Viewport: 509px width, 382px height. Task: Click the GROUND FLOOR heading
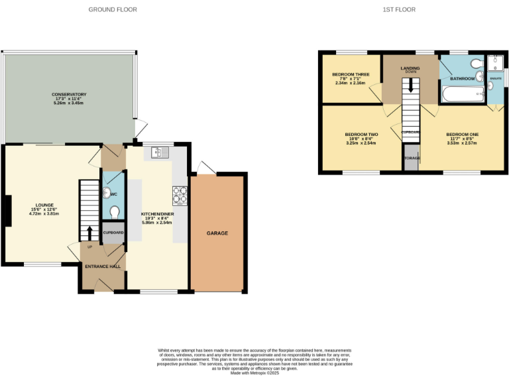click(x=109, y=9)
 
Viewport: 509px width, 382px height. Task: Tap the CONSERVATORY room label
click(x=69, y=94)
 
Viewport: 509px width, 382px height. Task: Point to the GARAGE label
click(x=217, y=233)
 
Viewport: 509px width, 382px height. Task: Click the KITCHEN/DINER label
click(x=156, y=214)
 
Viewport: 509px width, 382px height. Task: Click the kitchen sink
click(x=160, y=153)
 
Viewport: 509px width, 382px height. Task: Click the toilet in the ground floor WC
click(x=114, y=212)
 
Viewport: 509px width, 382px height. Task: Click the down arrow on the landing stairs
click(x=411, y=85)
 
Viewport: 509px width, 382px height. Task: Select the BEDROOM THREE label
click(x=351, y=74)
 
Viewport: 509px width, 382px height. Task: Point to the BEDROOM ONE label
click(x=462, y=133)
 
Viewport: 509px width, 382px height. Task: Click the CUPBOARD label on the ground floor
click(x=113, y=233)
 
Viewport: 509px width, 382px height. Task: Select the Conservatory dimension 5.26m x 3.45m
click(x=69, y=104)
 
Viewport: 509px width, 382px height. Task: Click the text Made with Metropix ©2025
click(x=254, y=373)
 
